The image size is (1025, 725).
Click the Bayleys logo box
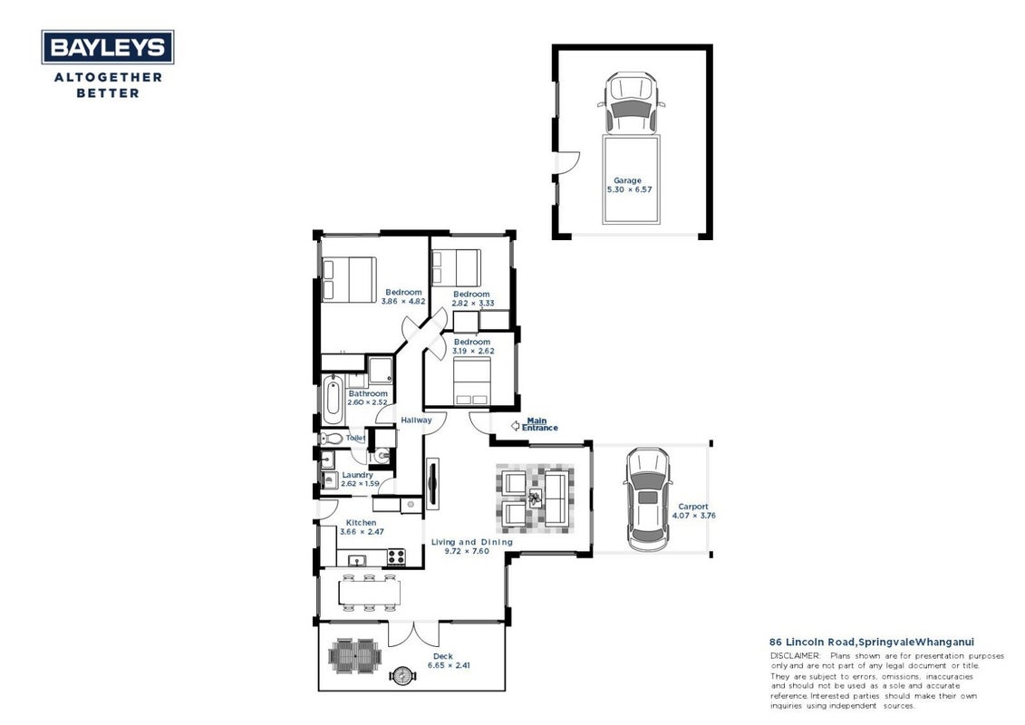[x=108, y=47]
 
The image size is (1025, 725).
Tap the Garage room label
[x=627, y=180]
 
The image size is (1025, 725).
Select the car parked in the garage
[x=631, y=103]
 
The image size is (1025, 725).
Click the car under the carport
[x=647, y=499]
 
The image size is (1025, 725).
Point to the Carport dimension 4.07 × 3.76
[x=693, y=515]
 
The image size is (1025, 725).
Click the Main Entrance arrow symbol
[x=515, y=426]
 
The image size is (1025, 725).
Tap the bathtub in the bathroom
[x=332, y=399]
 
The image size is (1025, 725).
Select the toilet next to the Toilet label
[x=332, y=438]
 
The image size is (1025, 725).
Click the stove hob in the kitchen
[x=396, y=557]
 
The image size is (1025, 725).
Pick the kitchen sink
[x=357, y=559]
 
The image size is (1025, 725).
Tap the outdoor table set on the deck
[x=354, y=656]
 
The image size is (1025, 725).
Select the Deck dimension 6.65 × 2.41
[x=450, y=665]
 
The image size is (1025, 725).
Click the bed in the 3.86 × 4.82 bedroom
[x=350, y=279]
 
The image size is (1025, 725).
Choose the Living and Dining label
[x=472, y=542]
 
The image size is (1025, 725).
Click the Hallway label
[x=416, y=420]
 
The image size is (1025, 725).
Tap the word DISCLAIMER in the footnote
[x=795, y=656]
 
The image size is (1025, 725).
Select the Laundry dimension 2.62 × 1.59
[x=360, y=484]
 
